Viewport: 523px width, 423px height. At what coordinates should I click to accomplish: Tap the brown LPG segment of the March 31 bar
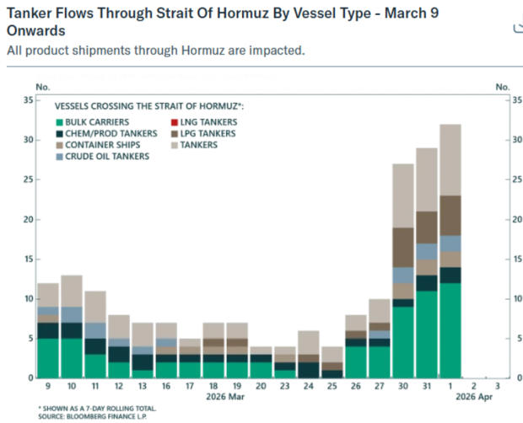tap(427, 227)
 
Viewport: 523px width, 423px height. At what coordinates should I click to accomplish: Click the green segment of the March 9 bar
tap(47, 357)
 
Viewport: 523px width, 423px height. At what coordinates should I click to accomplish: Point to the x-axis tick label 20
tap(261, 386)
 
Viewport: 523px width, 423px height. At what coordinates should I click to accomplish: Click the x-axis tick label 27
tap(380, 386)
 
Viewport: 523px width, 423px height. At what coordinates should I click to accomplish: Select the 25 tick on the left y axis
tap(28, 179)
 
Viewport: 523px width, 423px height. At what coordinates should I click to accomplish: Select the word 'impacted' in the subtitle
tap(275, 51)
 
